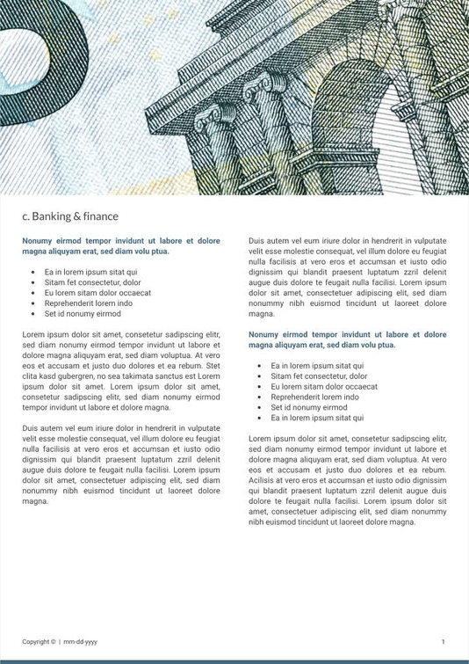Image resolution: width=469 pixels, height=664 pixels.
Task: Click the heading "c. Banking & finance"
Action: tap(70, 216)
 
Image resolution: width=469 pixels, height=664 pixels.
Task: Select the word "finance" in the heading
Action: tap(101, 216)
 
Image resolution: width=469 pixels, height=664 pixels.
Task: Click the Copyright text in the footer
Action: tap(39, 642)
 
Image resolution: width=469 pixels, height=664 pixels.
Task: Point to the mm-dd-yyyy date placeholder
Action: tap(81, 642)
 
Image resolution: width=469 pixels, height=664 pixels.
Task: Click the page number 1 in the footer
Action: tap(443, 642)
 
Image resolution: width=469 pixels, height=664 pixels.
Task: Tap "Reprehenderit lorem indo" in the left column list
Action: tap(89, 303)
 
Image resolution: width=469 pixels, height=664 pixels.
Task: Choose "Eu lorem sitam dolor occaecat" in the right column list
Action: tap(324, 387)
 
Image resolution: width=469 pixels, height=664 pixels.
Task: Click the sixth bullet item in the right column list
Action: tap(317, 418)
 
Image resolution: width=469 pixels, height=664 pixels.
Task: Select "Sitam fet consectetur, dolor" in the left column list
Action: tap(93, 283)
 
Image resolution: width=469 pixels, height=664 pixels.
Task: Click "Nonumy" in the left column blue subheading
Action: tap(38, 241)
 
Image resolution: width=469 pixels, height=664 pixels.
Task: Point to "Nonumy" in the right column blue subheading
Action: tap(264, 335)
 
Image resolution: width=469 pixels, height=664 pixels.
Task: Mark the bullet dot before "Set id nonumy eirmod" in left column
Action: tap(33, 314)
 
